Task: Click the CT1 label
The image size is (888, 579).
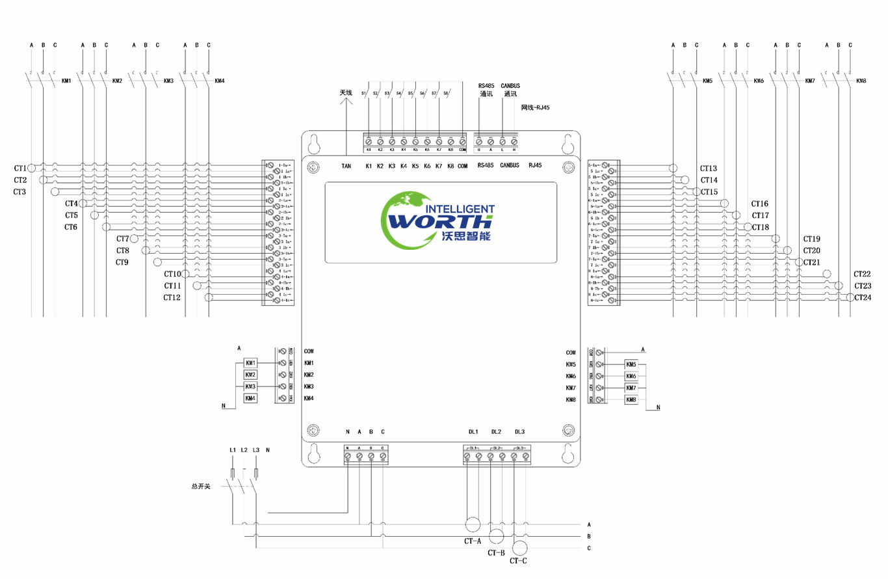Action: [x=20, y=168]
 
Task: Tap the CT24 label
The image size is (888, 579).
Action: [x=863, y=298]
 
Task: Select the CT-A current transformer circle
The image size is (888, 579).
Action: [x=473, y=524]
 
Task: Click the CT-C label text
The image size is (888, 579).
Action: [x=518, y=561]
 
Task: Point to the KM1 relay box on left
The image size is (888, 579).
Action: [x=250, y=362]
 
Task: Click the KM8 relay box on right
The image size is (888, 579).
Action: [x=631, y=400]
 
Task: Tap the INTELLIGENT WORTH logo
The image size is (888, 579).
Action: [x=440, y=219]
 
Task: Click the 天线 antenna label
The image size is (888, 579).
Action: [x=346, y=93]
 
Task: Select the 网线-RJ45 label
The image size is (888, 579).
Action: [x=535, y=107]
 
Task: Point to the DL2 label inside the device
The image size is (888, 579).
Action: [x=496, y=432]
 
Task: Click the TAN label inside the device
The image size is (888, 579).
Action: [x=346, y=167]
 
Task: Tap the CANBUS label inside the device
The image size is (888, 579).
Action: [x=510, y=166]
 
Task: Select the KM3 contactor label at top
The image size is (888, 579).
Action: [x=168, y=81]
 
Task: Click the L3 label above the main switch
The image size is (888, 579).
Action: [x=255, y=450]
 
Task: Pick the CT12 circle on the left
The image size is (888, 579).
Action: [x=209, y=298]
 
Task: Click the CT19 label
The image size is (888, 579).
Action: [x=811, y=239]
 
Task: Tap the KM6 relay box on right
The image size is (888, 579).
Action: [x=631, y=377]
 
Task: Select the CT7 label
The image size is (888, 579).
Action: [x=123, y=239]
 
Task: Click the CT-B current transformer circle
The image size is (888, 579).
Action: [x=496, y=536]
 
